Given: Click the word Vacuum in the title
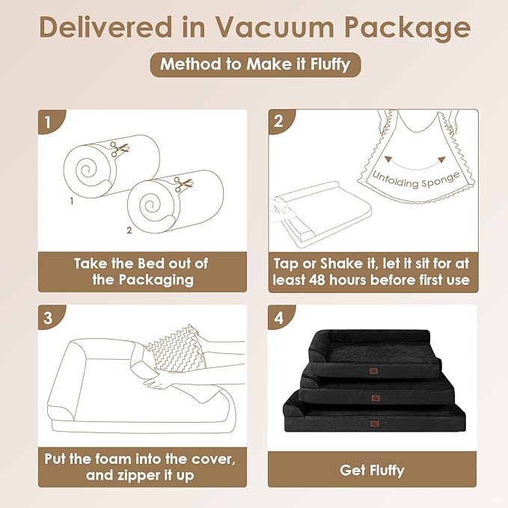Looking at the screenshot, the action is click(275, 27).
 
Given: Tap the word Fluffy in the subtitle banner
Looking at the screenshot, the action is click(330, 64).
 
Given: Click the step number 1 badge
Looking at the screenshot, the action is click(51, 122).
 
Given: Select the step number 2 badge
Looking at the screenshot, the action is click(281, 121).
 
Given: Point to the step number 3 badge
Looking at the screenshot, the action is click(51, 317).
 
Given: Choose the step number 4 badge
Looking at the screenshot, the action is click(281, 317).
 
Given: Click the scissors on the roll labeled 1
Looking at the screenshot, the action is click(119, 149).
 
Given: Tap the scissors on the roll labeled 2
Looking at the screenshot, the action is click(183, 184).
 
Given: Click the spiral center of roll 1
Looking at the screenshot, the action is click(87, 170).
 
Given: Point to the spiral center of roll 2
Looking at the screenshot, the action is click(150, 205).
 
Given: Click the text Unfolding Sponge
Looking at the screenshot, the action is click(416, 181).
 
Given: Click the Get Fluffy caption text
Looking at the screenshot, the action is click(373, 471).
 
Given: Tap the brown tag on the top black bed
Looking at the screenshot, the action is click(373, 371).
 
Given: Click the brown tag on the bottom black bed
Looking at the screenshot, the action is click(375, 423).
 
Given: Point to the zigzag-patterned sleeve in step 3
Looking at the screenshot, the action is click(177, 349).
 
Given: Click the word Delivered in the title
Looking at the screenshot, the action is click(106, 27).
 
